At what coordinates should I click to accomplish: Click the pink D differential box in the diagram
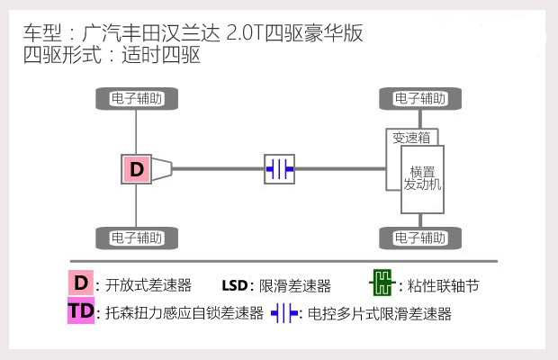[136, 168]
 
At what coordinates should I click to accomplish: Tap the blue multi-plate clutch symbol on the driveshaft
[279, 168]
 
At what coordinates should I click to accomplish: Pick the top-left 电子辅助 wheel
[136, 98]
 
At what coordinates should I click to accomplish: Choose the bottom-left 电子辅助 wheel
[136, 238]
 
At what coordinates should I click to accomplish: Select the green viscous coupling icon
[382, 284]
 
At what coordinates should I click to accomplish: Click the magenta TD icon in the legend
[81, 312]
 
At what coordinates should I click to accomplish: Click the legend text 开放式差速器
[148, 286]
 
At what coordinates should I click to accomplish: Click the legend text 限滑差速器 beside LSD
[294, 286]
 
